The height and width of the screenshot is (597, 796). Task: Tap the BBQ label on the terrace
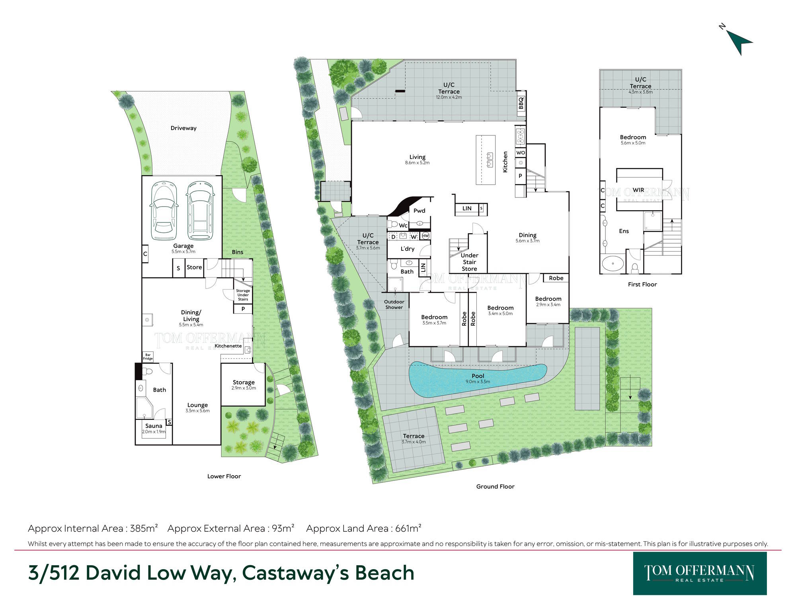[521, 103]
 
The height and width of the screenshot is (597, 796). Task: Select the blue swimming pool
[478, 379]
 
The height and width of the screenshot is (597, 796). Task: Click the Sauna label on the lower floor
[154, 426]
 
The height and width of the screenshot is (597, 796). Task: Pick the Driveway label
[183, 128]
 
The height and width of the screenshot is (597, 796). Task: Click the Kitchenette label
[228, 346]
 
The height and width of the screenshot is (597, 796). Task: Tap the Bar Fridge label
[148, 357]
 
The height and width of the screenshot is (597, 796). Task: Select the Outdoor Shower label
[394, 304]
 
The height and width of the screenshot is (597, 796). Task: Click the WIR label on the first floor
[638, 190]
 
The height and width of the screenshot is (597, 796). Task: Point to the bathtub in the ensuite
[613, 263]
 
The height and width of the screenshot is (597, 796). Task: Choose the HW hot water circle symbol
[425, 236]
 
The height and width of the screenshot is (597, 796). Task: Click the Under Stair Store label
[469, 262]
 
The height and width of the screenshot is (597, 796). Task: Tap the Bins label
[238, 252]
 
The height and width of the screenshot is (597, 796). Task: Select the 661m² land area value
[408, 528]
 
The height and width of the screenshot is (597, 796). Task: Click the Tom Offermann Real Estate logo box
[700, 573]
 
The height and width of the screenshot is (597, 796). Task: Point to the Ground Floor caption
[495, 486]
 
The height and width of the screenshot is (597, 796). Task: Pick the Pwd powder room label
[419, 211]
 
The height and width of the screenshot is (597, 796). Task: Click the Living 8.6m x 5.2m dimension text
[417, 163]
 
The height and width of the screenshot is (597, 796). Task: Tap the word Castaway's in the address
[296, 573]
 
